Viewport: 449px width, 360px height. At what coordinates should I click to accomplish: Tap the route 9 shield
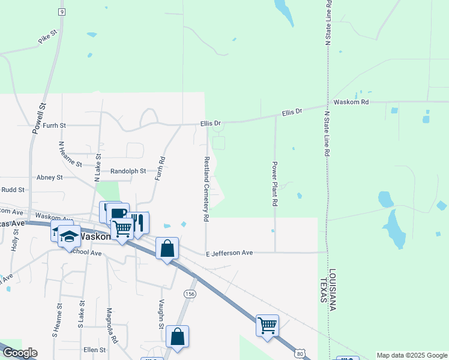point(61,12)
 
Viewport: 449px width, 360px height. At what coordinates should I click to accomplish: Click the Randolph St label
point(128,171)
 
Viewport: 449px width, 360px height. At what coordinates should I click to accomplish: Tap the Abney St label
point(50,178)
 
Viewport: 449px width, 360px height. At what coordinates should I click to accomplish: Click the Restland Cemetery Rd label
point(206,190)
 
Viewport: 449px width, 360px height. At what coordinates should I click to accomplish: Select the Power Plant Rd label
point(274,184)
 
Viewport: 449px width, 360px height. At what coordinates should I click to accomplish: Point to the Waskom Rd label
point(351,102)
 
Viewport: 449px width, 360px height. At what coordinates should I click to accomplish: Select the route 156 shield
point(190,293)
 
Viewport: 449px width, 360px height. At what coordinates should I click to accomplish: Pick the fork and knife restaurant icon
point(138,223)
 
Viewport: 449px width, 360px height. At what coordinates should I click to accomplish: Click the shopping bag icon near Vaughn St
point(178,335)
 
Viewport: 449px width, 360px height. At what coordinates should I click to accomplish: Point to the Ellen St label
point(94,350)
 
